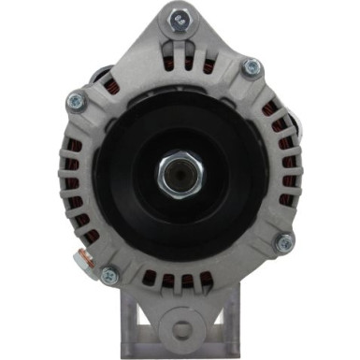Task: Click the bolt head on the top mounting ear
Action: [x=179, y=18]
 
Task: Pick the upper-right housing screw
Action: [x=252, y=68]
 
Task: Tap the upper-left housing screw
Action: [x=77, y=100]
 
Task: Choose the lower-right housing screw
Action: [x=284, y=242]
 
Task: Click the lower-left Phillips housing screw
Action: [x=109, y=275]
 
